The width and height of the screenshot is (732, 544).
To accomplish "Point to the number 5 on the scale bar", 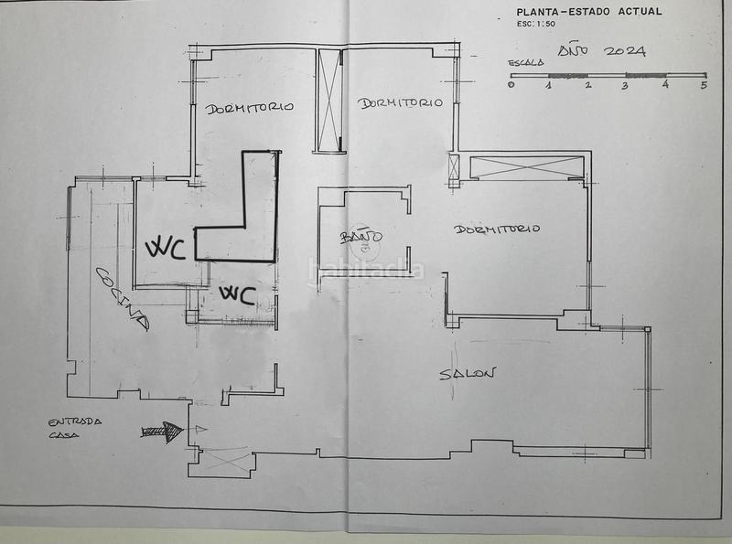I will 704,86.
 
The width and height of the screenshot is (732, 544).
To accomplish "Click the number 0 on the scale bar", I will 511,85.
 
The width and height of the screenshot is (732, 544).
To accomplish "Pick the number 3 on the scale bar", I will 626,86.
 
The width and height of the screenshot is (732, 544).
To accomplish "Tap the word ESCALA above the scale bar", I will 526,63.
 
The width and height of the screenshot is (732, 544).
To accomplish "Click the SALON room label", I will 468,374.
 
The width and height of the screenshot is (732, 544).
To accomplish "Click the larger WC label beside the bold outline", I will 166,248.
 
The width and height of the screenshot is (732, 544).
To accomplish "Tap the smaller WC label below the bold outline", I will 235,295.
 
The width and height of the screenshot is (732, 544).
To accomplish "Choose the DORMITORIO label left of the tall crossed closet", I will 249,107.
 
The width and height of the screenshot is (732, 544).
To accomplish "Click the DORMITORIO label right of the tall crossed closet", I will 400,103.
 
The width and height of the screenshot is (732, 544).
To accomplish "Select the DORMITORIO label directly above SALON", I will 497,229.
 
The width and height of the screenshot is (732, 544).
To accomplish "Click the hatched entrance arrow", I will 162,432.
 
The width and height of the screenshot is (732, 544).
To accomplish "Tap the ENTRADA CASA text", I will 74,428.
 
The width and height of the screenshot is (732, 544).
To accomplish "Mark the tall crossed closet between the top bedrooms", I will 329,101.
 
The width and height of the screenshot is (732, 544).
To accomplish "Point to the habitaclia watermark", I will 366,269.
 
